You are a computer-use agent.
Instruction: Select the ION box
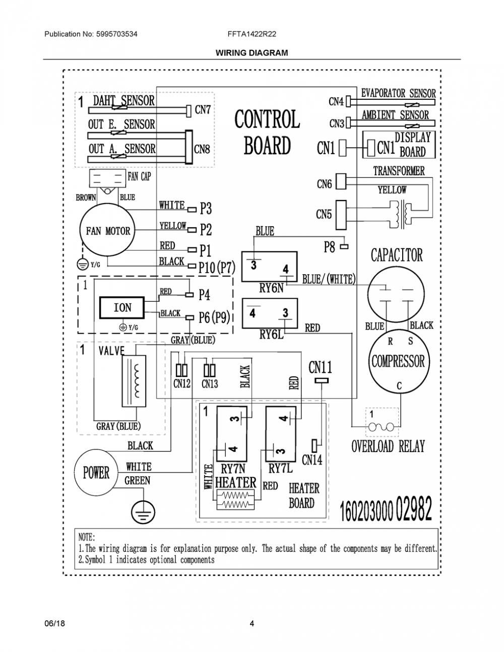tap(122, 307)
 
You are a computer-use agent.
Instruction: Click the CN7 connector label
tap(203, 110)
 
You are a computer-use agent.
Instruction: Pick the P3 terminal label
tap(206, 208)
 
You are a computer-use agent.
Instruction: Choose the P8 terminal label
tap(329, 247)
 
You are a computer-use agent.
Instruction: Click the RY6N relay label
tap(271, 288)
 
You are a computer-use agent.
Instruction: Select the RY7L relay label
tap(280, 469)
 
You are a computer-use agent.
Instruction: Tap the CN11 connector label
tap(321, 367)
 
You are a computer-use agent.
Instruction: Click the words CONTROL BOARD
tap(267, 132)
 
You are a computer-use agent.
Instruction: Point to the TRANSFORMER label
tap(399, 171)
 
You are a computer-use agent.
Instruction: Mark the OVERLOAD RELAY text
tap(388, 446)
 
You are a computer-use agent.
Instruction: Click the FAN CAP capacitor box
tap(107, 179)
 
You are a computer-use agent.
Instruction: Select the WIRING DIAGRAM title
tap(251, 53)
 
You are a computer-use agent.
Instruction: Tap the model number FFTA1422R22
tap(251, 34)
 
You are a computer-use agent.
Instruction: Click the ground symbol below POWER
tap(143, 511)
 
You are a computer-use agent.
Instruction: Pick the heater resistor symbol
tap(235, 499)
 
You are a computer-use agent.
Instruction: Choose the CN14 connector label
tap(312, 460)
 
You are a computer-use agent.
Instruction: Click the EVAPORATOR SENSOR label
tap(398, 93)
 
